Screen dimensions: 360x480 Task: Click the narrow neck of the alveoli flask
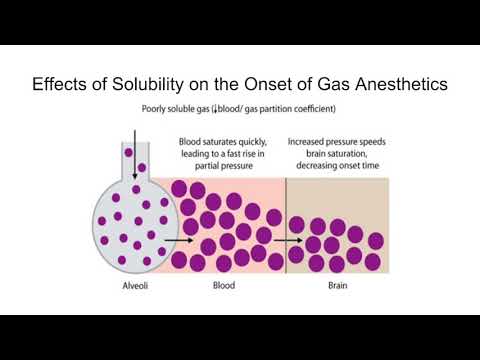130,160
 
